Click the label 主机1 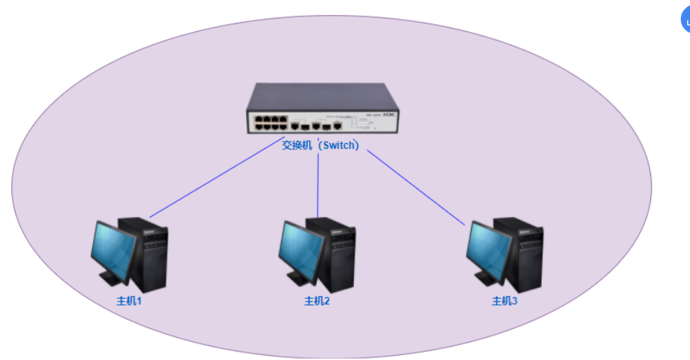tap(130, 301)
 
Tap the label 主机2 tap(317, 301)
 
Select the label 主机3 tap(505, 301)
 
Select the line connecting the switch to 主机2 tap(318, 184)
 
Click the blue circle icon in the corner tap(686, 21)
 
